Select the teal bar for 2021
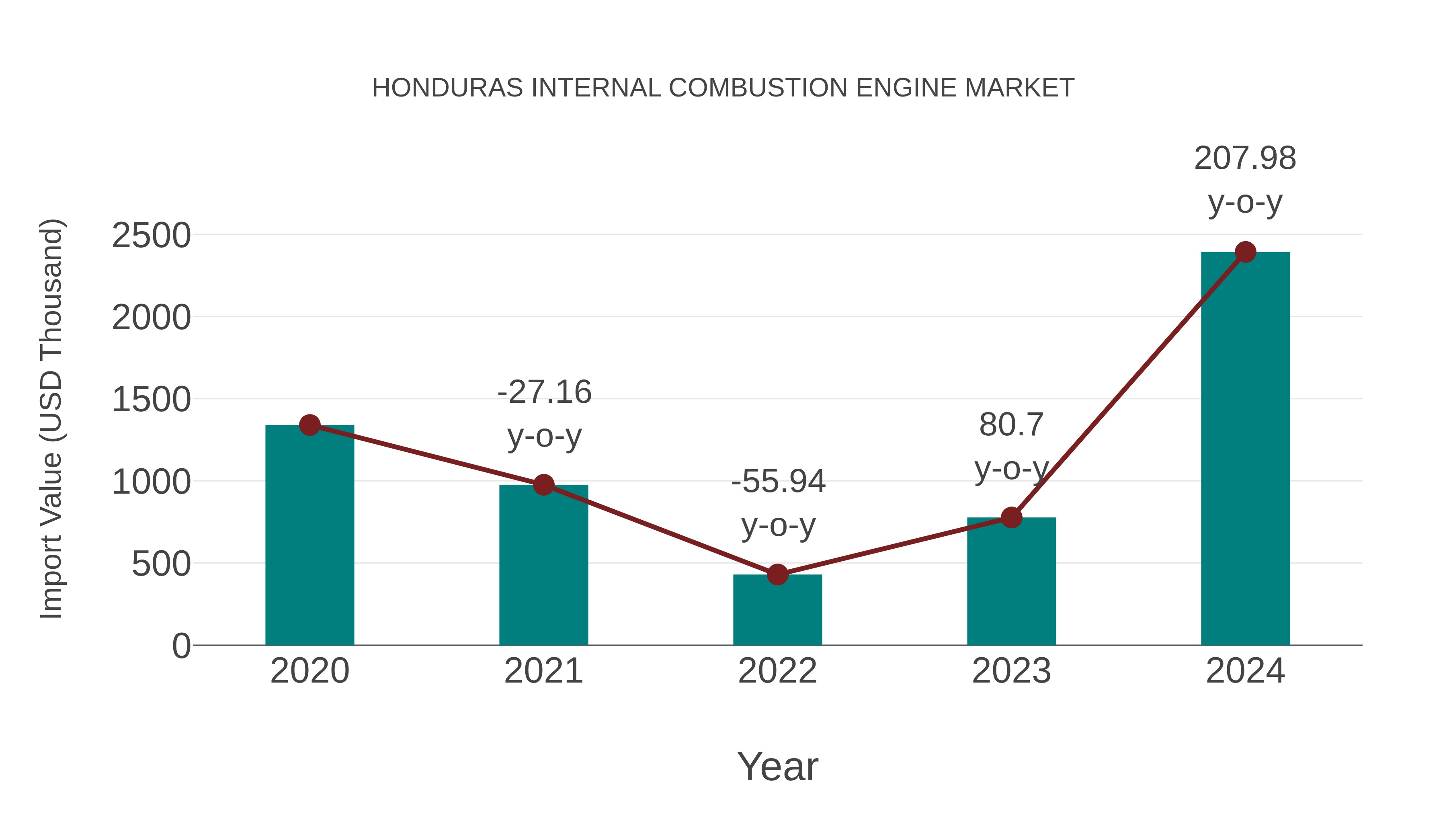pyautogui.click(x=543, y=567)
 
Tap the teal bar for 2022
pyautogui.click(x=777, y=611)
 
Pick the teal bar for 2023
pyautogui.click(x=1011, y=584)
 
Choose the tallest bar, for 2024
pyautogui.click(x=1245, y=449)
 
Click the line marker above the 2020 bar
pyautogui.click(x=309, y=425)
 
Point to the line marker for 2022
pyautogui.click(x=777, y=575)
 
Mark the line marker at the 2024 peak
pyautogui.click(x=1245, y=252)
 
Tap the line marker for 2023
pyautogui.click(x=1011, y=517)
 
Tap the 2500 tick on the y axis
pyautogui.click(x=151, y=236)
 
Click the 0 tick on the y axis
pyautogui.click(x=181, y=646)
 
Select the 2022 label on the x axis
pyautogui.click(x=777, y=671)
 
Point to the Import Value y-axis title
pyautogui.click(x=51, y=418)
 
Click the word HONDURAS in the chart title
pyautogui.click(x=447, y=88)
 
